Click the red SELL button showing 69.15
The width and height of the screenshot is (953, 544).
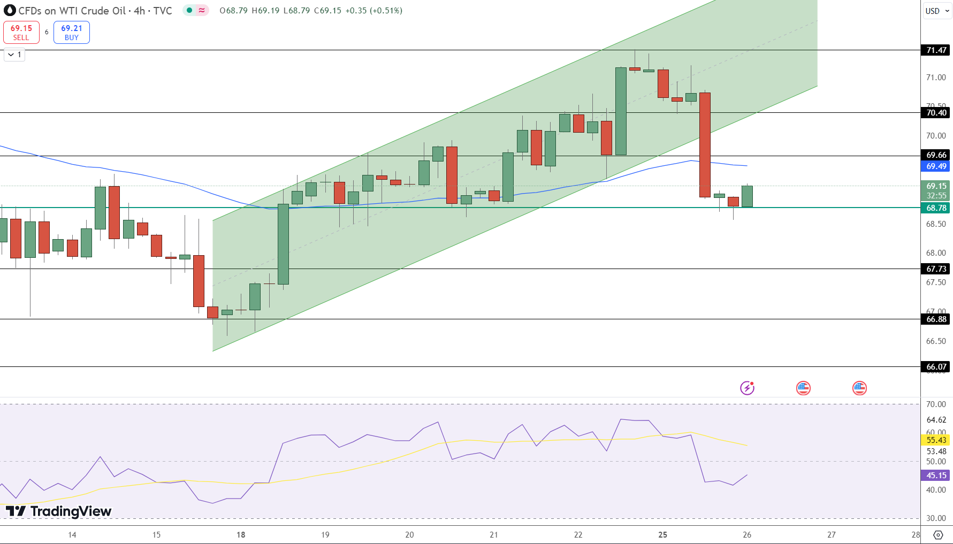21,32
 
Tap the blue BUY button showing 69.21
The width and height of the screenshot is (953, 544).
72,32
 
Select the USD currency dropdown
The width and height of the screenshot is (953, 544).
937,11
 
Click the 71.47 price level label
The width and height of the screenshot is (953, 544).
936,50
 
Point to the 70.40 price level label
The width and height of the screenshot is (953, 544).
936,113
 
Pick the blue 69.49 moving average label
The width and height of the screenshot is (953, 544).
936,166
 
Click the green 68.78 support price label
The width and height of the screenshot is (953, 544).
936,208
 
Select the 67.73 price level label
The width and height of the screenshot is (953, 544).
936,269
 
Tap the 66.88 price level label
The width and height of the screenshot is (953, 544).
936,319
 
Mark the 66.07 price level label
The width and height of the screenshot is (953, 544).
936,367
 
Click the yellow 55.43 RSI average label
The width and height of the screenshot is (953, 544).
936,440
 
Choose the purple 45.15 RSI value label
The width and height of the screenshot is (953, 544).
936,476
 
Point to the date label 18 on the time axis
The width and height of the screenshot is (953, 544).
241,535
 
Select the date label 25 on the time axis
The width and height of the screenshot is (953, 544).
662,535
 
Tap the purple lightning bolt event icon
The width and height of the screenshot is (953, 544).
747,388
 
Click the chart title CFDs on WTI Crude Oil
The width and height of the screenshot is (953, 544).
72,11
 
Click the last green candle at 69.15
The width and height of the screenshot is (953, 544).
747,196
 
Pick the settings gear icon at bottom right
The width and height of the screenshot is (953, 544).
938,535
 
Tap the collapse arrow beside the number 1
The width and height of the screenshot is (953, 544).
11,55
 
